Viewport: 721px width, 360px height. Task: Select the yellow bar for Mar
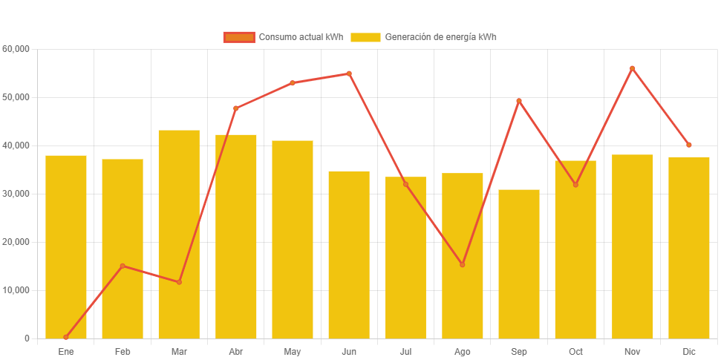(x=179, y=234)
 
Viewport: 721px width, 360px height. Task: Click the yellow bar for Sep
(x=519, y=264)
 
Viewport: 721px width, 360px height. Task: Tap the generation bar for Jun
(x=349, y=255)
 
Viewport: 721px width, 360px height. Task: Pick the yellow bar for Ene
(x=66, y=246)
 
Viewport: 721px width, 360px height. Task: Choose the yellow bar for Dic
(x=689, y=247)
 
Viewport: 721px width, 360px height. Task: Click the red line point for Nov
(x=633, y=68)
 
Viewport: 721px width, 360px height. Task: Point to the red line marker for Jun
(x=349, y=73)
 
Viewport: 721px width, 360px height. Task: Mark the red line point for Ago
(x=463, y=264)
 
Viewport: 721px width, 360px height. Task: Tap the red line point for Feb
(x=123, y=266)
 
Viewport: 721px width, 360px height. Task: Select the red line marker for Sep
(x=519, y=101)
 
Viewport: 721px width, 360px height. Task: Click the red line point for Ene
(x=66, y=337)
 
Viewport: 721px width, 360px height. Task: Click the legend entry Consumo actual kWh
(x=284, y=37)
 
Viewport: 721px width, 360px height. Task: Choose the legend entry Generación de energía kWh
(x=423, y=37)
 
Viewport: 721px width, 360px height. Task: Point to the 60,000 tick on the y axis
(x=16, y=49)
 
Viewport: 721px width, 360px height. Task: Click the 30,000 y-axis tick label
(x=16, y=194)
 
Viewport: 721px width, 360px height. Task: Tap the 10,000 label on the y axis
(x=16, y=290)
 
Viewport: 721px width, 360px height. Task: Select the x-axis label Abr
(x=236, y=351)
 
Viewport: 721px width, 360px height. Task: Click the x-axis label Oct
(x=575, y=351)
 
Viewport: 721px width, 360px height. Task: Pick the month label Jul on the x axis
(x=405, y=351)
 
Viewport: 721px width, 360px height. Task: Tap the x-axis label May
(x=293, y=351)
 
